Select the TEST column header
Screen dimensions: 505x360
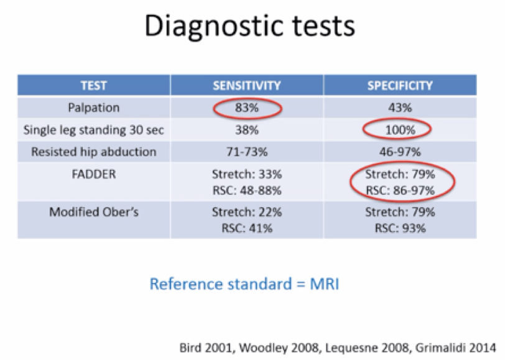94,86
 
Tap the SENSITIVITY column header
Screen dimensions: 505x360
247,86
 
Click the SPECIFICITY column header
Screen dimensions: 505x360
400,86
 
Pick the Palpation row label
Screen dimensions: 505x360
94,108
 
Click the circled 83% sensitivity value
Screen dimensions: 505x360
247,108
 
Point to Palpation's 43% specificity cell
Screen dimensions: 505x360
400,108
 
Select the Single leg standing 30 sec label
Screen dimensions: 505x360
94,130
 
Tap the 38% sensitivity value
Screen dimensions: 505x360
247,130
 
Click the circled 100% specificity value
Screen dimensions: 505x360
401,130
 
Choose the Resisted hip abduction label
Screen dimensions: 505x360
94,152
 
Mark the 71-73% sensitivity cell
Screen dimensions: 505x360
247,152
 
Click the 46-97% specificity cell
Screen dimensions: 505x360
400,152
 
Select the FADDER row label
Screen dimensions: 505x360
94,174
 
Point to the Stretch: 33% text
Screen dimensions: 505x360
247,174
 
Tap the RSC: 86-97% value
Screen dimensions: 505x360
401,190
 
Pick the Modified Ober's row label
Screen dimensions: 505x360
94,212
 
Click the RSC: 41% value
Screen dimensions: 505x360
247,228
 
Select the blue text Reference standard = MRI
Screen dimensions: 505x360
244,284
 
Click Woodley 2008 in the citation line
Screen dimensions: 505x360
280,348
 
